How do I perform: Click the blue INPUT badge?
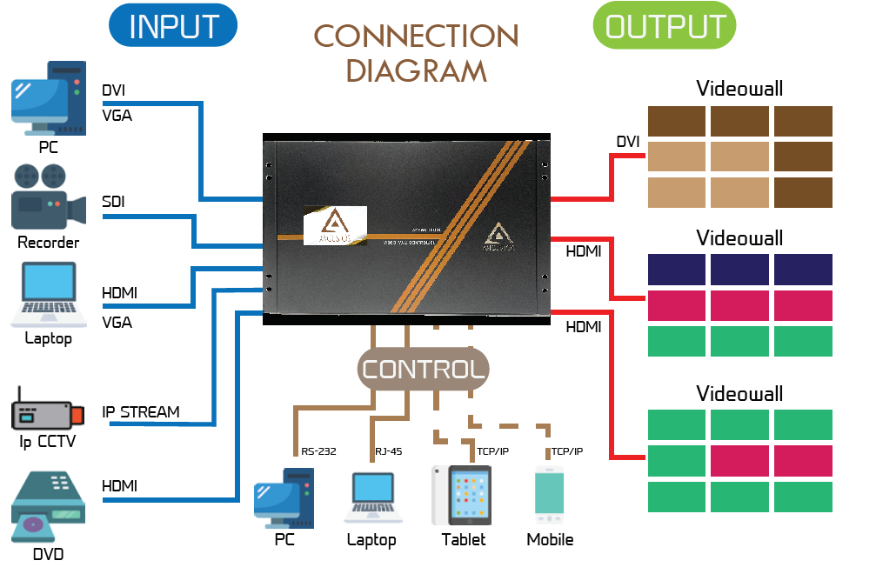tap(172, 26)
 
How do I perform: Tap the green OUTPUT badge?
tap(664, 26)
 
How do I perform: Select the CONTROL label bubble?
tap(423, 370)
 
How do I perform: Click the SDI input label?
tap(113, 202)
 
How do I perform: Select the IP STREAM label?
tap(141, 411)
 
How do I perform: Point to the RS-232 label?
tap(318, 451)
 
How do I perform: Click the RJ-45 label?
tap(388, 451)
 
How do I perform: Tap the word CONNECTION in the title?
tap(416, 36)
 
